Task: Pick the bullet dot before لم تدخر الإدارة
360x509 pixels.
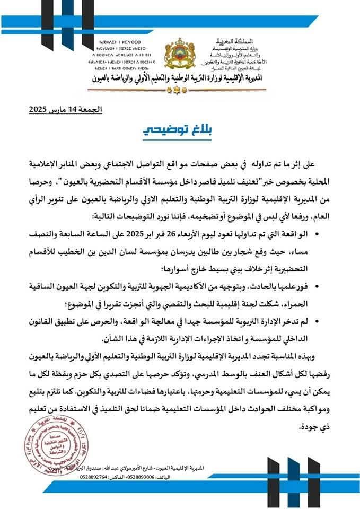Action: [x=332, y=322]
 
